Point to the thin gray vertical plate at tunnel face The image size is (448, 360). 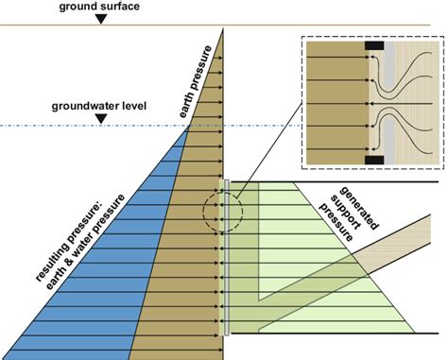[x=226, y=255]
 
